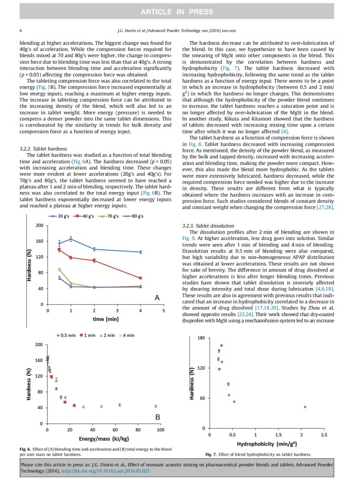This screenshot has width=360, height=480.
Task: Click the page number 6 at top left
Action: pyautogui.click(x=21, y=30)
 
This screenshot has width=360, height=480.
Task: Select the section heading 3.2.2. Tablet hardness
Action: pyautogui.click(x=43, y=149)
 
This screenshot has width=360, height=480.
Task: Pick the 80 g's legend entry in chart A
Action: pyautogui.click(x=134, y=216)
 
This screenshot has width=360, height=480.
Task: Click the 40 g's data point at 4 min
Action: pyautogui.click(x=140, y=278)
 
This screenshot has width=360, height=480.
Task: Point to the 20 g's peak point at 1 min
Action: pyautogui.click(x=71, y=239)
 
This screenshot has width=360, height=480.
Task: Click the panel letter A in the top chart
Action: pyautogui.click(x=156, y=299)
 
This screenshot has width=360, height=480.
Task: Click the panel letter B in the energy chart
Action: pyautogui.click(x=157, y=417)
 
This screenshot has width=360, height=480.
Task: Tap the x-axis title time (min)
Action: pyautogui.click(x=106, y=319)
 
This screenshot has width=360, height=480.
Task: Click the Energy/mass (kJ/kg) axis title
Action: pyautogui.click(x=104, y=438)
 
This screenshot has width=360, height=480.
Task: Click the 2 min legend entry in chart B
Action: pyautogui.click(x=107, y=336)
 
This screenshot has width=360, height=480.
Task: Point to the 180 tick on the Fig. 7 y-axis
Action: pyautogui.click(x=201, y=338)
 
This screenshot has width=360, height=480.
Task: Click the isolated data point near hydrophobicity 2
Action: pyautogui.click(x=305, y=407)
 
